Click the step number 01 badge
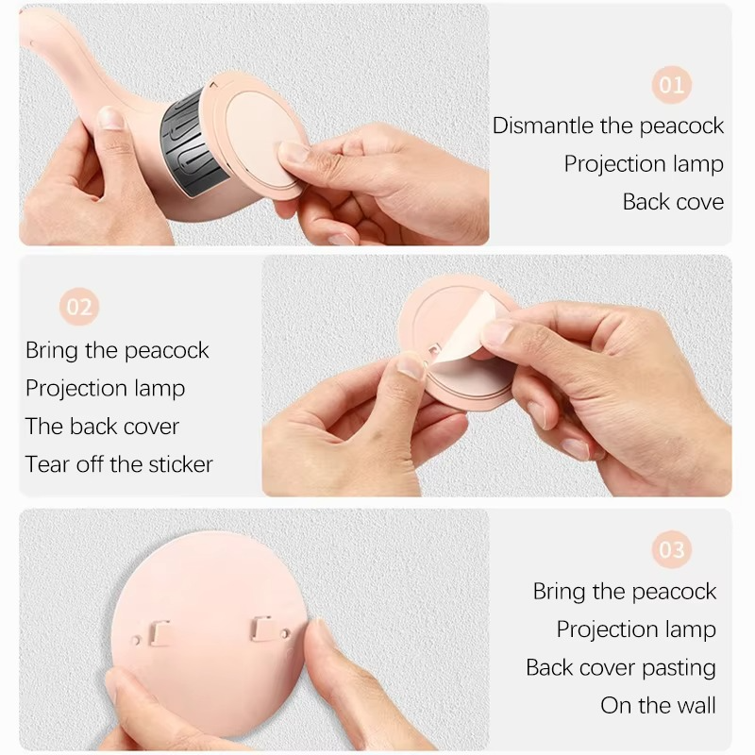671,85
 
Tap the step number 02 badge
79,307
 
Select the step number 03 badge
671,549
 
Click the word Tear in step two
46,464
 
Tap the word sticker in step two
180,464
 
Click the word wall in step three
696,705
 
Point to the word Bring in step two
52,350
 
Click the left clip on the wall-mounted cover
159,632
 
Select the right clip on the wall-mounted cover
261,629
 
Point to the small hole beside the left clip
136,641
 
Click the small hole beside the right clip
285,633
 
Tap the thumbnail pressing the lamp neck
111,119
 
